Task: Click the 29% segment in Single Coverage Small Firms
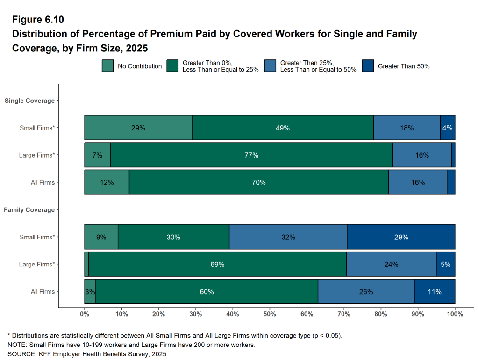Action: point(138,128)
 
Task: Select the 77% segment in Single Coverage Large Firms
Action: point(251,155)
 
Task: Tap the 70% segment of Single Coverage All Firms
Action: point(258,182)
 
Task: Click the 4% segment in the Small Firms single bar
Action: point(448,128)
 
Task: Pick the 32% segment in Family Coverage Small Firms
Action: point(288,237)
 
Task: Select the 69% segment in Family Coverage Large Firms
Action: point(217,264)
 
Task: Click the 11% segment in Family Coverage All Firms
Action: point(435,292)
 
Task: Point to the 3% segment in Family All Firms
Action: point(90,292)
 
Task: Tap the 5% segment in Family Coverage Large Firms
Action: point(446,264)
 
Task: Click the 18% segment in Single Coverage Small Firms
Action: point(407,128)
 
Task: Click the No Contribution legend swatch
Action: point(107,66)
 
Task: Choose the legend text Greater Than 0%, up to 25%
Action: point(221,66)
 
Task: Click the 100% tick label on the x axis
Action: point(455,314)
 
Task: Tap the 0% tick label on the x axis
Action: point(85,314)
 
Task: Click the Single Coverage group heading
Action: point(29,101)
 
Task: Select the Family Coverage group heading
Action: point(29,210)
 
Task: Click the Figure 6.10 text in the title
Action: point(38,20)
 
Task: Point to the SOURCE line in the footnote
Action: point(87,354)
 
